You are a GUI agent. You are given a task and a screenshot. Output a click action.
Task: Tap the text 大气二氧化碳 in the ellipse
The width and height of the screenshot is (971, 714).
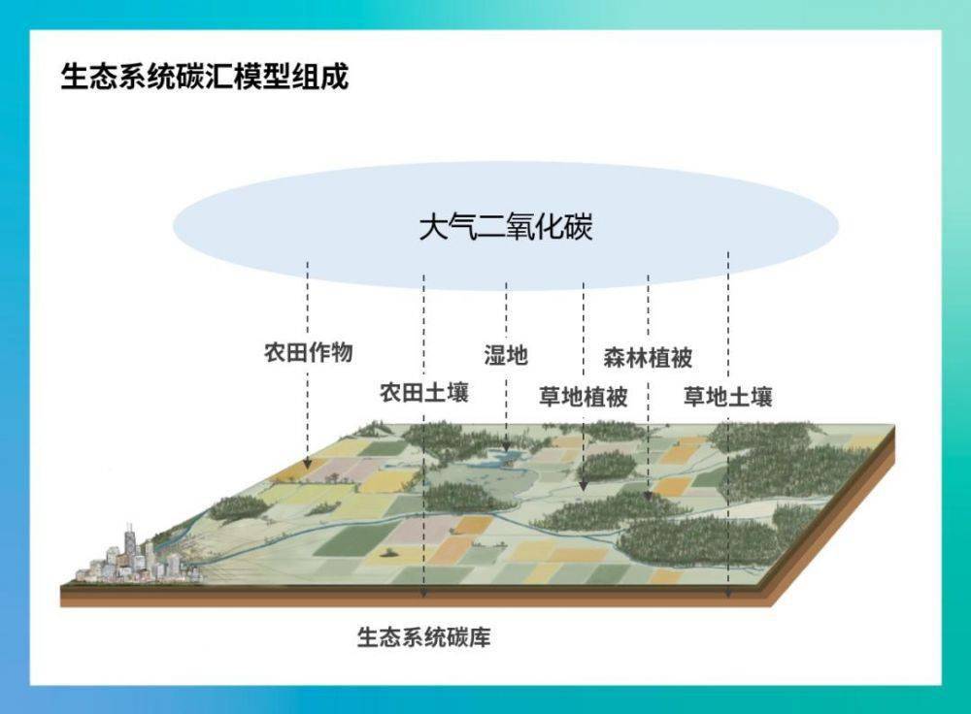(x=505, y=228)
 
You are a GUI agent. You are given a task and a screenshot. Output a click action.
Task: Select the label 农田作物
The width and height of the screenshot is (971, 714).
(x=308, y=352)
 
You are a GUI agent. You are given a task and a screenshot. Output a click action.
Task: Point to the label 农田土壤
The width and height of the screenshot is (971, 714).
(x=423, y=393)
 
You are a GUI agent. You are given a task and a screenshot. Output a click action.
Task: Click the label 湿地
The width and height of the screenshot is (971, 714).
(x=506, y=355)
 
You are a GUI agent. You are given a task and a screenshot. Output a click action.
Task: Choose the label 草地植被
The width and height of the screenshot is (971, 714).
(x=583, y=397)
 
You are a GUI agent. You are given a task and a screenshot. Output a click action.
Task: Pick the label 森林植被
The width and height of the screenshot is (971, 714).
(x=648, y=356)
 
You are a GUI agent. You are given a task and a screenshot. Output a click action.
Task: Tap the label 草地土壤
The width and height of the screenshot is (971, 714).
(x=727, y=397)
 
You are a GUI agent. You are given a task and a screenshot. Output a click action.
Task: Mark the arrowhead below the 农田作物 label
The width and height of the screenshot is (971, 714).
(x=308, y=466)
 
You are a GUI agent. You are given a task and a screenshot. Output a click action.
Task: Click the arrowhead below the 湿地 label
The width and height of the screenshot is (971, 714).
(x=506, y=447)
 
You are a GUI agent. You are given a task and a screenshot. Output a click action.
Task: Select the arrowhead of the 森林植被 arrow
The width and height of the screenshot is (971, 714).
(x=648, y=495)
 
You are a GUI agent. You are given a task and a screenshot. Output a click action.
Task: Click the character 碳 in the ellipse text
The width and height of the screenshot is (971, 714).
(x=578, y=228)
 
